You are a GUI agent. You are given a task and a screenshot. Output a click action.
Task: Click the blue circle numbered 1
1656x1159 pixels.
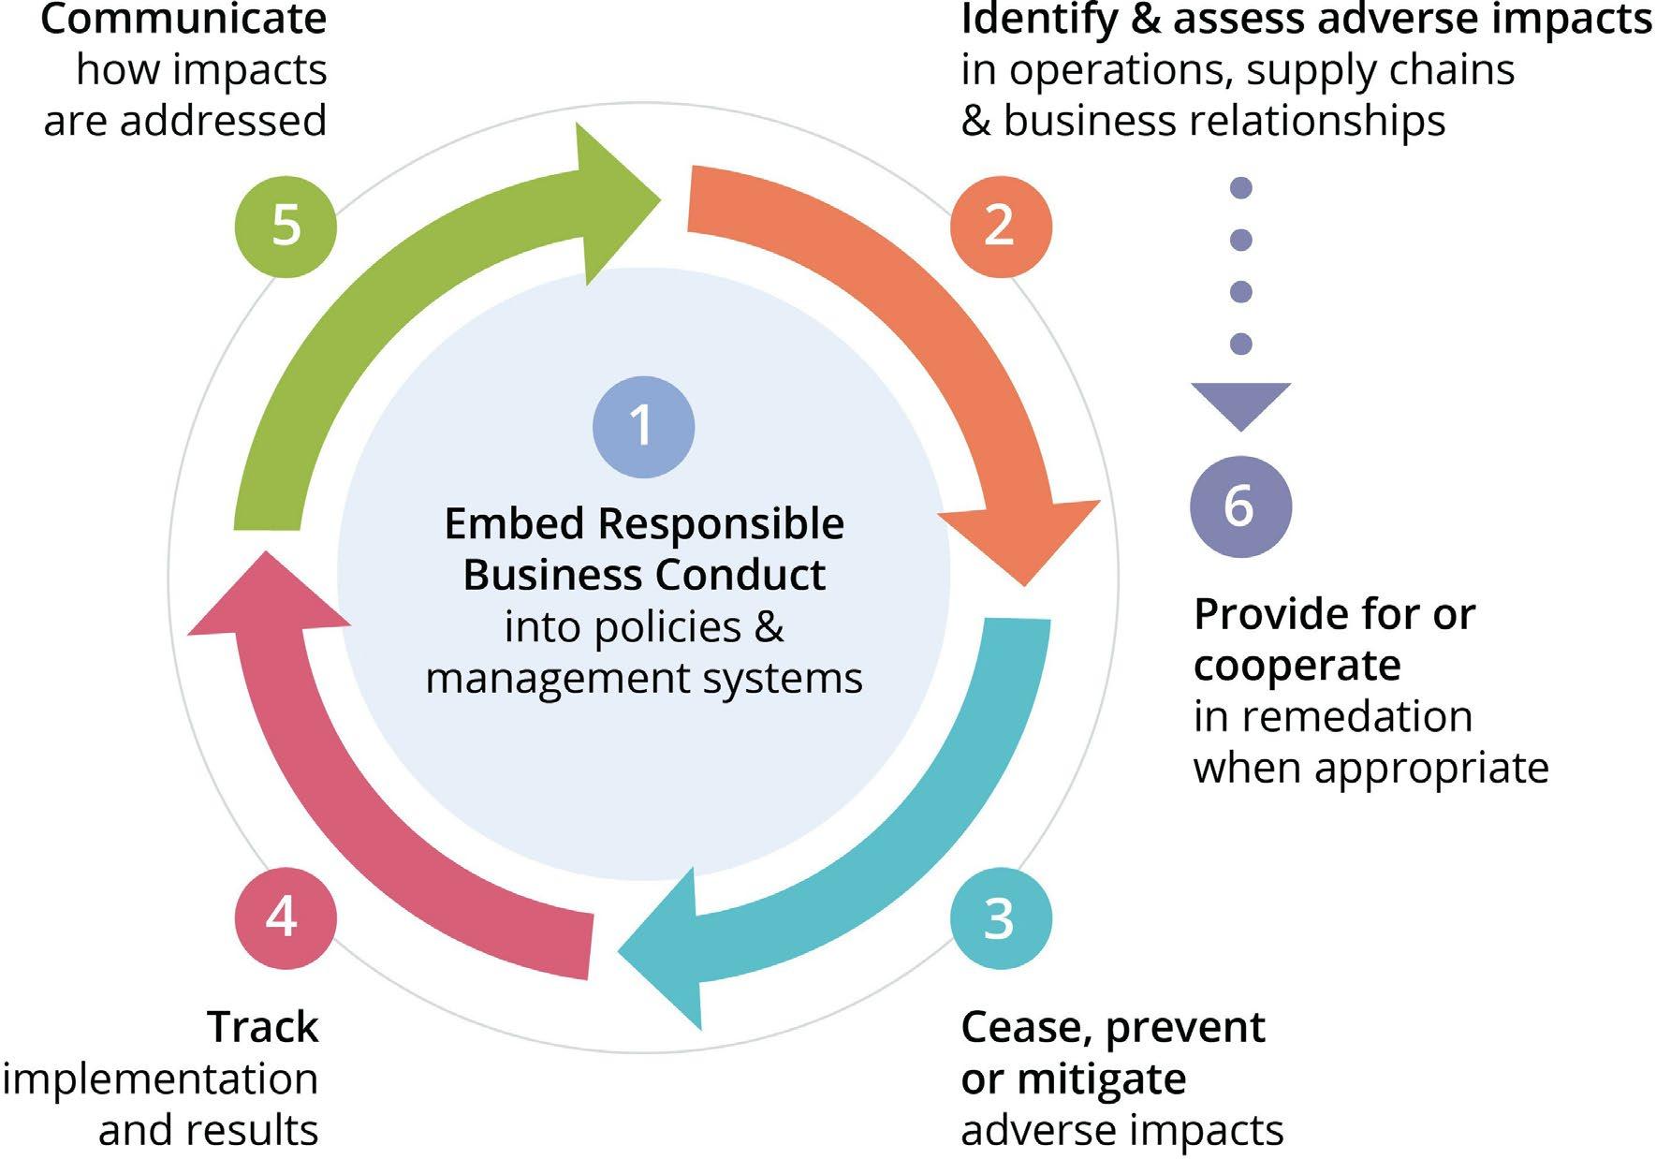[x=643, y=427]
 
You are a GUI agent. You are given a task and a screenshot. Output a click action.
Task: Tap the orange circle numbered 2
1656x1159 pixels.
[x=1001, y=227]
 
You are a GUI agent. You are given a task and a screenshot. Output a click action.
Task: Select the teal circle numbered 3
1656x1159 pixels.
[x=1001, y=918]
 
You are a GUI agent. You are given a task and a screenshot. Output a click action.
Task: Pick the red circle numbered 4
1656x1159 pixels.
[x=285, y=917]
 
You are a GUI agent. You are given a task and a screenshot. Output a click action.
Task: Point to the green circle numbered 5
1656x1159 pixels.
[x=285, y=227]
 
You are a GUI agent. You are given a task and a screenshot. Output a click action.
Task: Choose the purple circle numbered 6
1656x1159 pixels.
[x=1240, y=506]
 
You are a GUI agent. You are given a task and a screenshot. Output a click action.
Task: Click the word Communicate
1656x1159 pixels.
[x=183, y=19]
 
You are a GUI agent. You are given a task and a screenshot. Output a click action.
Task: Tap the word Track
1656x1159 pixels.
[x=263, y=1027]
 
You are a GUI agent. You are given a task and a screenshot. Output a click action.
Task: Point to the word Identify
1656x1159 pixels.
[x=1039, y=21]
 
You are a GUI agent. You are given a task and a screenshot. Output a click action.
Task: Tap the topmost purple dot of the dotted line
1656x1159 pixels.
[x=1241, y=188]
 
